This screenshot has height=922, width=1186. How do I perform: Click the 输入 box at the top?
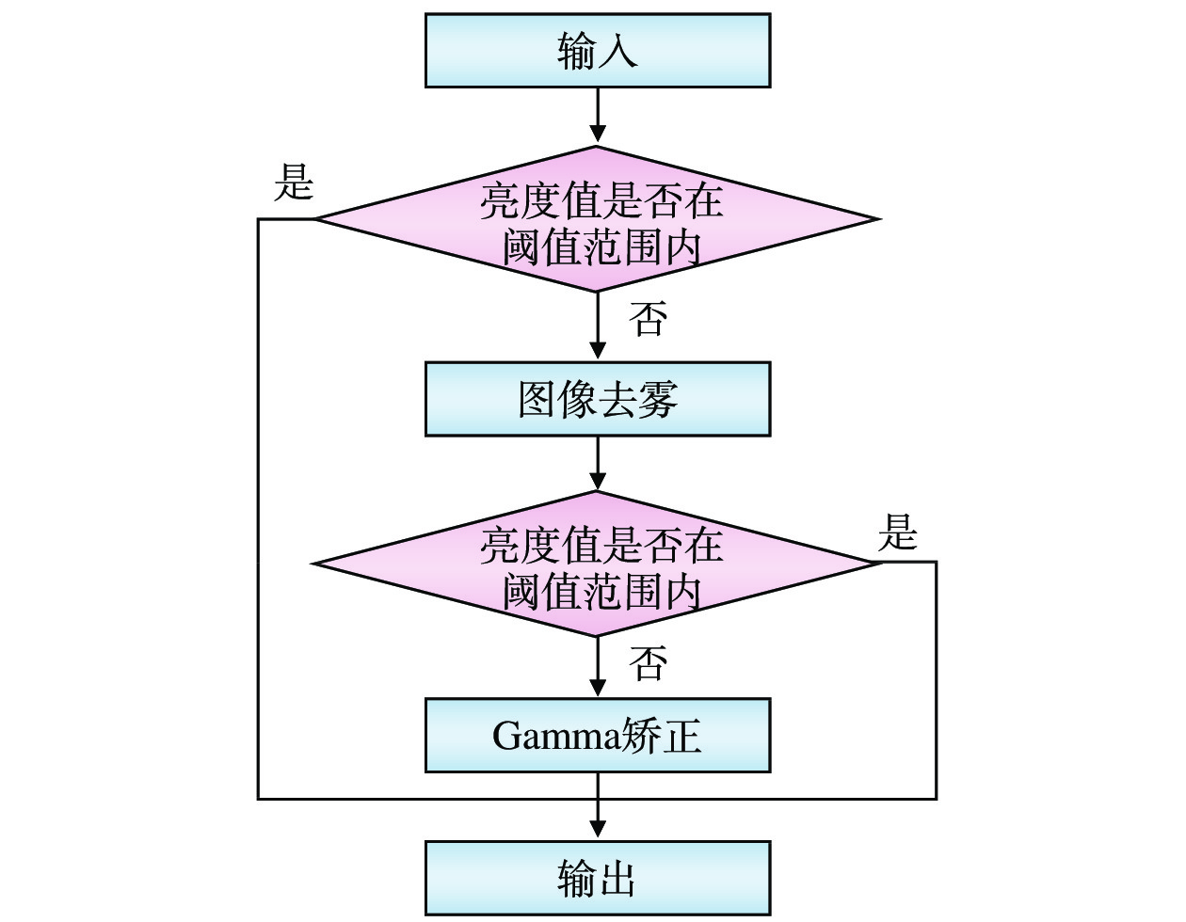point(598,51)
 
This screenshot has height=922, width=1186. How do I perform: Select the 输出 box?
point(598,878)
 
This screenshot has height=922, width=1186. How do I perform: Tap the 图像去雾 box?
point(598,399)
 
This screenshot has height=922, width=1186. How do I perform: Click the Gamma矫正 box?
point(598,735)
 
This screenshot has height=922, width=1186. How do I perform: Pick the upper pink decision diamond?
point(598,219)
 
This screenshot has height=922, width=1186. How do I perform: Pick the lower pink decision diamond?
point(598,564)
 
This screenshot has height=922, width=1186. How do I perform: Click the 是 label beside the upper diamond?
point(293,181)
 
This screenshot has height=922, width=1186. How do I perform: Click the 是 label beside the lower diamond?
point(897,533)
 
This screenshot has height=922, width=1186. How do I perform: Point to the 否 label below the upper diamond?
point(649,319)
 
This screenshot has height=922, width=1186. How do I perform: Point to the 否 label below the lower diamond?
point(649,663)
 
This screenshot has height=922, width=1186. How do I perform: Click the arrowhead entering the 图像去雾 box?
point(598,350)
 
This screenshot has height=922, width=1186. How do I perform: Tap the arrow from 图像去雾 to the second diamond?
point(598,463)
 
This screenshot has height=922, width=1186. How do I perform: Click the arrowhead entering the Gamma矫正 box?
point(598,687)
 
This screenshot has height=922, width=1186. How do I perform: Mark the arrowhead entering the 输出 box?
point(598,828)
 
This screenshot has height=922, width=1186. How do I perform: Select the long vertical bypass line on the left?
point(259,508)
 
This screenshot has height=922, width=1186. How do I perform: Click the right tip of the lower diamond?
point(875,563)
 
